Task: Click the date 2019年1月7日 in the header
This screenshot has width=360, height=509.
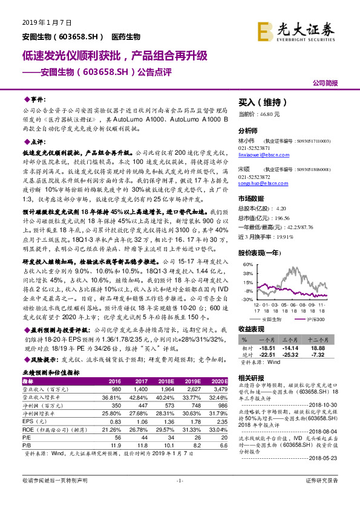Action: (x=47, y=22)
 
